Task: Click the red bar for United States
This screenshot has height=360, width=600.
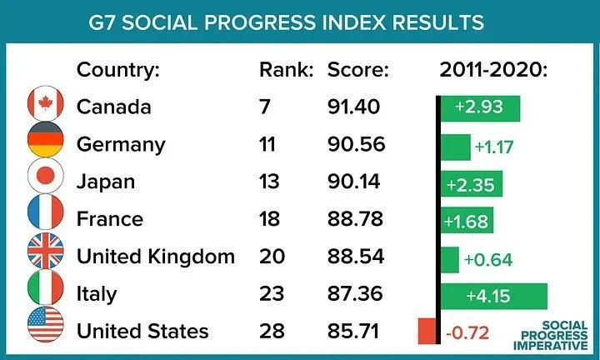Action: coord(427,331)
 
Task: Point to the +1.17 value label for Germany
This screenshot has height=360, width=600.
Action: coord(494,147)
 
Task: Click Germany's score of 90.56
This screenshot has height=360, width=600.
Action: coord(356,144)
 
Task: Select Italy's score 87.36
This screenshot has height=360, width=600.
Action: coord(356,293)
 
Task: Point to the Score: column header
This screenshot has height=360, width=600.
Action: coord(358,69)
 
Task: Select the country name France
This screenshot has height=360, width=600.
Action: coord(109,219)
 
